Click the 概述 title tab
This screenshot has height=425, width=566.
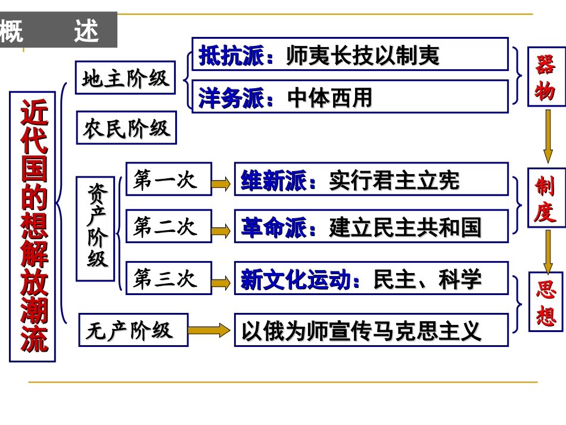[58, 31]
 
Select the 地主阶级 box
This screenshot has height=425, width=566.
[126, 77]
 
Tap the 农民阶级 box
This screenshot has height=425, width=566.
[126, 128]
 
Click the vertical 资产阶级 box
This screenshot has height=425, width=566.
[98, 228]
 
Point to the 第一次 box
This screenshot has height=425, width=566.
[168, 179]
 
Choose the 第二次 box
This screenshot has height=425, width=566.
[168, 227]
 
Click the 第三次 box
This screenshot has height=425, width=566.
[168, 278]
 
